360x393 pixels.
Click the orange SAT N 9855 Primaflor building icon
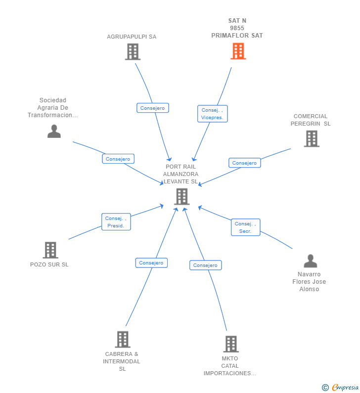point(238,51)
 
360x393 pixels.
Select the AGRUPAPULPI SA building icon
point(133,51)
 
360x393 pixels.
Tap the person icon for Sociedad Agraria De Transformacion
point(54,131)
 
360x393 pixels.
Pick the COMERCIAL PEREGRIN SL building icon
point(311,138)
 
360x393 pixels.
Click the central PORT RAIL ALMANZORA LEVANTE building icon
point(181,196)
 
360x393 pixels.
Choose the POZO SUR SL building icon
point(50,250)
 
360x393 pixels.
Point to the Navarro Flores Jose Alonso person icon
point(310,261)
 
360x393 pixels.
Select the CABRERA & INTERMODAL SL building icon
point(123,339)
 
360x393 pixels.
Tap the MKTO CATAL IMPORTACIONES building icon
point(230,344)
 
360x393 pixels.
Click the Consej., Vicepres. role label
point(212,114)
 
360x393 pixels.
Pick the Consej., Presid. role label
point(116,222)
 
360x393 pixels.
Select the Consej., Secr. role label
point(245,227)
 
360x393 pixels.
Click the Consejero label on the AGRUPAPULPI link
point(153,108)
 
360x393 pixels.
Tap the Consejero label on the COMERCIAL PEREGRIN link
point(244,163)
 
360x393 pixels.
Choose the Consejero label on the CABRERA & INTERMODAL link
point(151,263)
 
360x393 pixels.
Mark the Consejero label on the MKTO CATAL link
point(205,265)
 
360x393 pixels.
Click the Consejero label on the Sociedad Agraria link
point(118,159)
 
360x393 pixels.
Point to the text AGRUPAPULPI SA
point(132,37)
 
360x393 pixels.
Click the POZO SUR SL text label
point(49,264)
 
